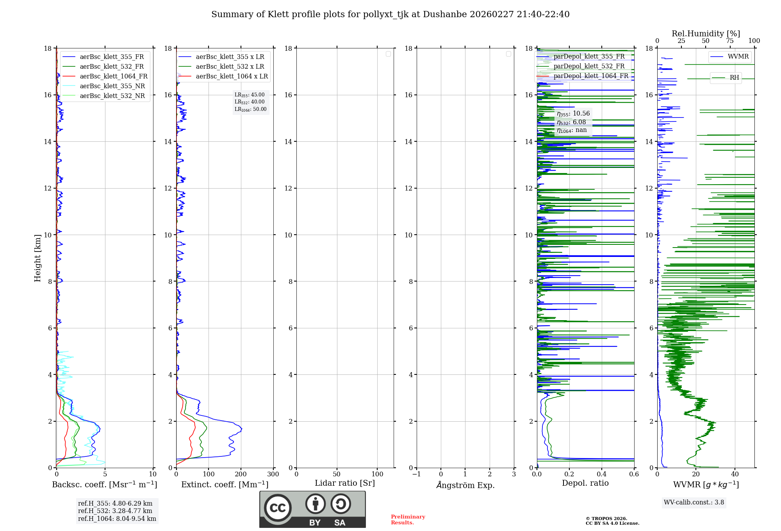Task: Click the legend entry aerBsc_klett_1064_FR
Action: [113, 77]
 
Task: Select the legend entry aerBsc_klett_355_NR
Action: [112, 86]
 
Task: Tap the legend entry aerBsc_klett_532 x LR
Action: [230, 67]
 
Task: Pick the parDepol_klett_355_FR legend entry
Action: [589, 57]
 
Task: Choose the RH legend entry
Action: [734, 78]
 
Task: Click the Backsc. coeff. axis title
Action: [104, 485]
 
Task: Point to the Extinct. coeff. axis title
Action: [225, 485]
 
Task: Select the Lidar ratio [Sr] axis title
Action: [345, 483]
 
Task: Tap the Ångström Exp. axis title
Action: [465, 485]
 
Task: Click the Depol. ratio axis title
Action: [585, 483]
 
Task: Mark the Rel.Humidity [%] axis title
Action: [706, 34]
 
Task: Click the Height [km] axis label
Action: [37, 258]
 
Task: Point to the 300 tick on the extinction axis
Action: [273, 474]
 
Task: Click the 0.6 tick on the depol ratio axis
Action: [634, 474]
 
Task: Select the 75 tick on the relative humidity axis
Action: [729, 41]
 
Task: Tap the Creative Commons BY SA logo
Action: [312, 509]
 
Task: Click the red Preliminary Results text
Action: [408, 520]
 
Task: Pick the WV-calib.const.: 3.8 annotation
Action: [694, 502]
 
